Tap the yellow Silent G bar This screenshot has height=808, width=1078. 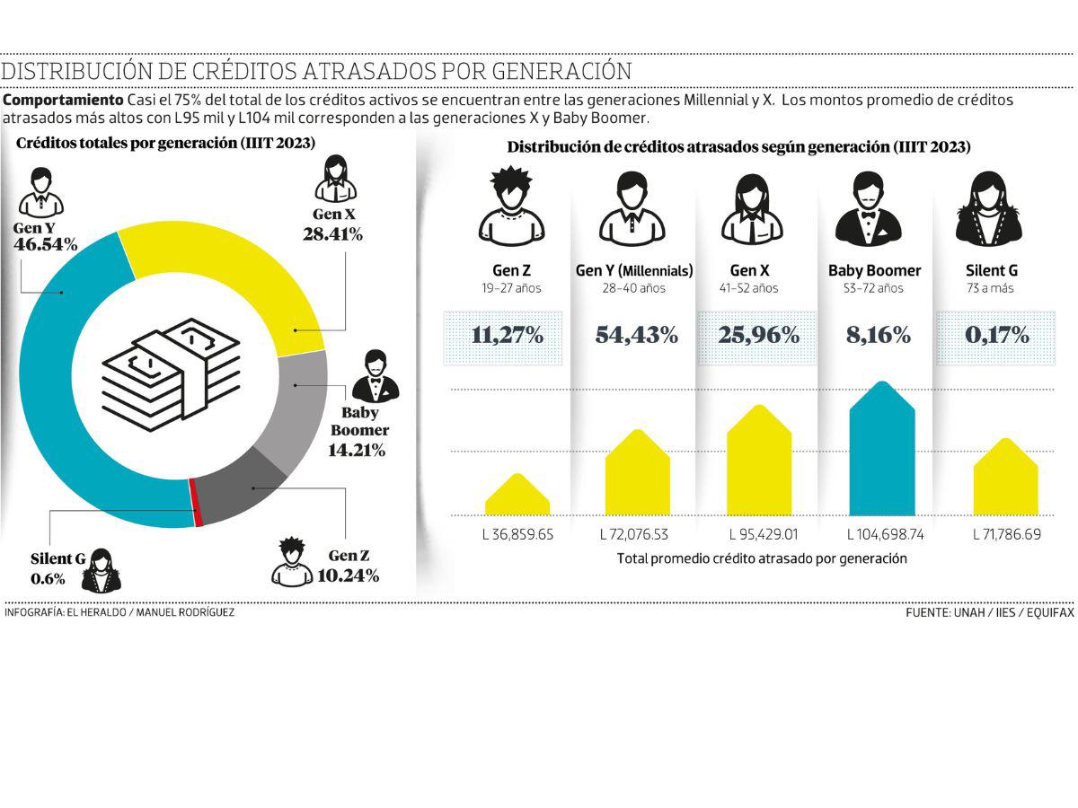1005,480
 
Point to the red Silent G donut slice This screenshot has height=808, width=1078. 193,503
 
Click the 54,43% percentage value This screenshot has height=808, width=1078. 636,336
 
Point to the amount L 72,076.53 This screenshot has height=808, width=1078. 634,534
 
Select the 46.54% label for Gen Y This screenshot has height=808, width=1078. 45,244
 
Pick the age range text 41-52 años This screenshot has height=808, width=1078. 748,289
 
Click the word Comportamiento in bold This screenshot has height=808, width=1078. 64,100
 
